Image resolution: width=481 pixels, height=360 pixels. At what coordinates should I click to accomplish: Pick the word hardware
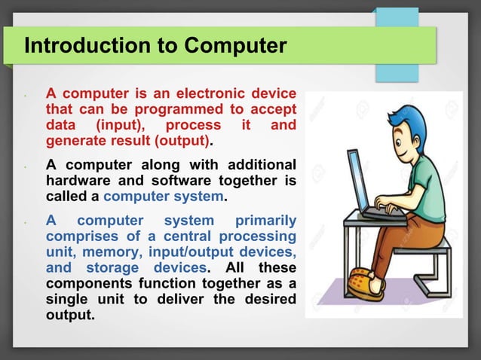point(78,179)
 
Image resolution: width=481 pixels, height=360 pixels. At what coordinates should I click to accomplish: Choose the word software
point(184,179)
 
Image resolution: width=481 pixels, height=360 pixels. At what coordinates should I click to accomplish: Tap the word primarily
point(265,220)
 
